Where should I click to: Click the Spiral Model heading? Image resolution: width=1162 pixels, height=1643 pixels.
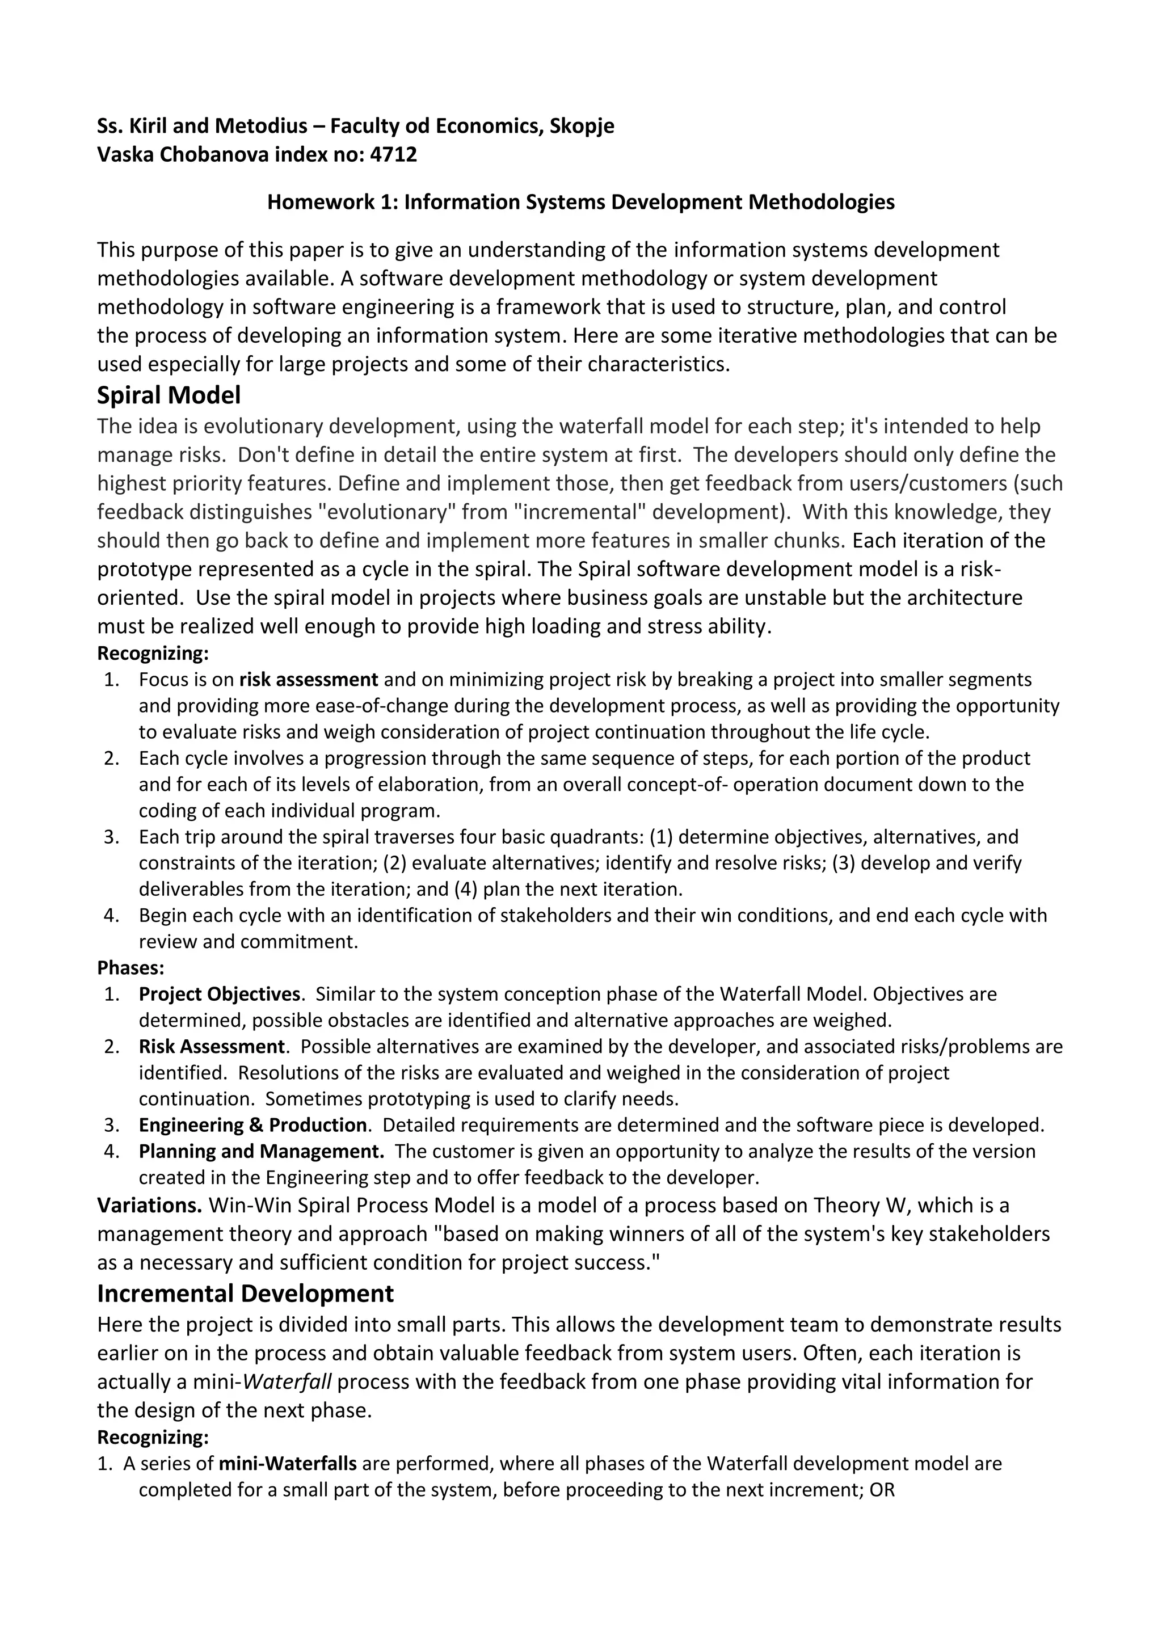(x=169, y=395)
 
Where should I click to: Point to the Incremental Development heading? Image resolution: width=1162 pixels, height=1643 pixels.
(x=246, y=1293)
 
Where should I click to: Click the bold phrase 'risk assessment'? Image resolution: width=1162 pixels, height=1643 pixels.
(x=309, y=679)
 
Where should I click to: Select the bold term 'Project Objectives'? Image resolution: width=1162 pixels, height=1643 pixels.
(x=219, y=994)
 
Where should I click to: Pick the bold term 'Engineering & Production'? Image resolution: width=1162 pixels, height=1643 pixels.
(x=252, y=1125)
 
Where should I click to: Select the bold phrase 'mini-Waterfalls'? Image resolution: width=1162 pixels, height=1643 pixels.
(x=288, y=1463)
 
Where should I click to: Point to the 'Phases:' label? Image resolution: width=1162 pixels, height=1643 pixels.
(x=130, y=968)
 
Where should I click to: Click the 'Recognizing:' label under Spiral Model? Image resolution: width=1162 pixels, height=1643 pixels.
(x=153, y=654)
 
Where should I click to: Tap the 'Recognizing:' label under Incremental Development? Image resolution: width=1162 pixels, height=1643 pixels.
(x=153, y=1438)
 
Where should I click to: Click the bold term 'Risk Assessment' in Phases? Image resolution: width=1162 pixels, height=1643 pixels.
(x=212, y=1046)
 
